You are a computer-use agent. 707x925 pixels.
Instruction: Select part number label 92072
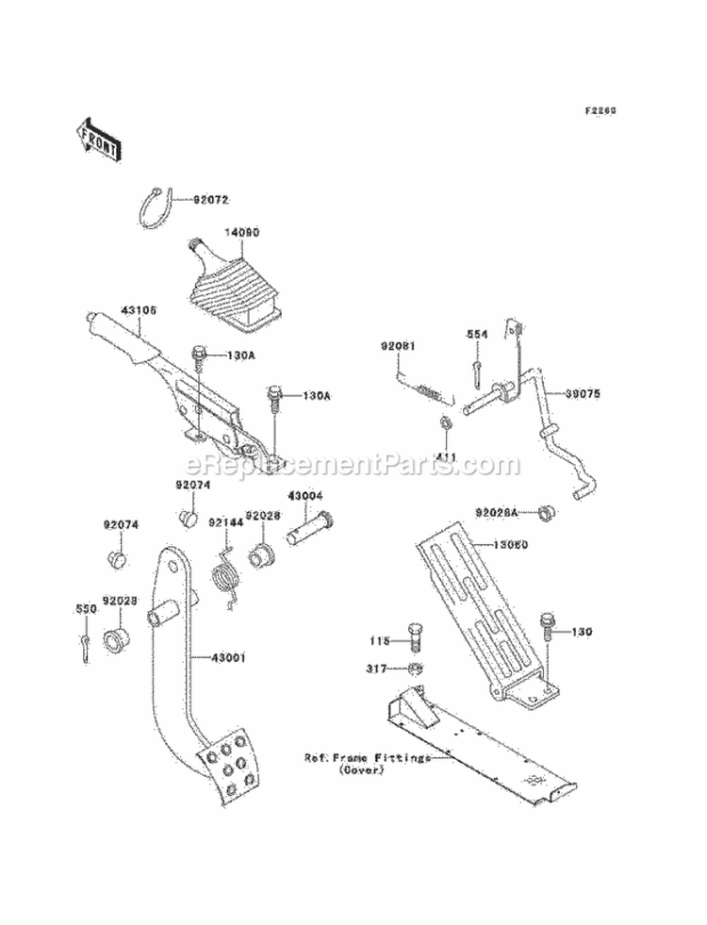tap(212, 200)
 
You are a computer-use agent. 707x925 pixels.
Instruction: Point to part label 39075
tap(582, 395)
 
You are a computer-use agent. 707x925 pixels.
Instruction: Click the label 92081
tap(398, 345)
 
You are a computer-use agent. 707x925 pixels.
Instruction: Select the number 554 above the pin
tap(478, 334)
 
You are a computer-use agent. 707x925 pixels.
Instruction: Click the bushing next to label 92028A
tap(545, 514)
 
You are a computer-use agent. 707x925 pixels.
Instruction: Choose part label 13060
tap(511, 545)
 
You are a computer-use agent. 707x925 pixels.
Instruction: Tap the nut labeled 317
tap(415, 669)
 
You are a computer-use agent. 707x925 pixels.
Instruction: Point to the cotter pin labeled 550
tap(85, 644)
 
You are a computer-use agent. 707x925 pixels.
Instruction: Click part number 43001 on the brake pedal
tap(228, 658)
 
